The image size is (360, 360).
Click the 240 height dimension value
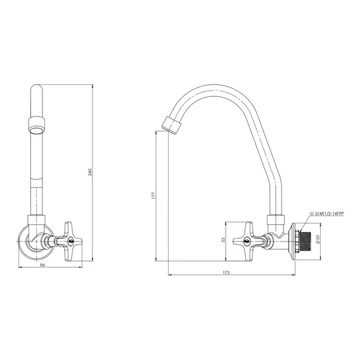tap(90, 172)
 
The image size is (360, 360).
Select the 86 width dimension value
tap(42, 265)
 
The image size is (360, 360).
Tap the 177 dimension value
tap(153, 195)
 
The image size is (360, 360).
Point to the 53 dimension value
tap(223, 240)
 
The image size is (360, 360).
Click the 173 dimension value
tap(226, 273)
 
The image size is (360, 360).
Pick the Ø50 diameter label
tap(318, 240)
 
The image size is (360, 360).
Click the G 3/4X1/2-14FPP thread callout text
tap(327, 214)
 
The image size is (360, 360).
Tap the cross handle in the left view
tap(70, 241)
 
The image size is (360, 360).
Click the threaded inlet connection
tap(305, 241)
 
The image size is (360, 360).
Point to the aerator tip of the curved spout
tap(172, 125)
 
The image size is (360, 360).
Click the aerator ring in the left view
tap(37, 125)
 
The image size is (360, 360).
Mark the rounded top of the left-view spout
tap(37, 88)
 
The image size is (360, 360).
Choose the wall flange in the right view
tap(292, 241)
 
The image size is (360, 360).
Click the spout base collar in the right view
tap(276, 220)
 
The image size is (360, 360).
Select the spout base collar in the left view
tap(37, 221)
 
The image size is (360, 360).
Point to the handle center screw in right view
tap(247, 241)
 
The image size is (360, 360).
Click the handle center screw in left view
tap(70, 241)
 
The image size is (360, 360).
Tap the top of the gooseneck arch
tap(211, 85)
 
